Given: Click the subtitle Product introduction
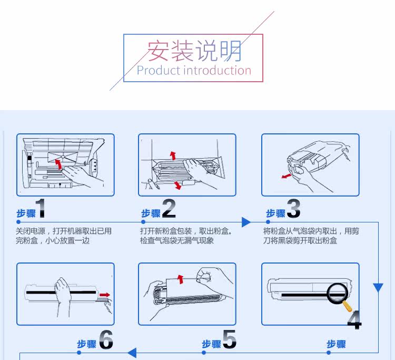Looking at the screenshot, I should (x=194, y=71).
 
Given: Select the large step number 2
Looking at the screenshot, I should (x=169, y=209).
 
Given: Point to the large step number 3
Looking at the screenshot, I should (x=293, y=209).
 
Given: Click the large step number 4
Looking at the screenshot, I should (x=354, y=319).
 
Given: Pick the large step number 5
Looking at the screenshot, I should (x=229, y=340).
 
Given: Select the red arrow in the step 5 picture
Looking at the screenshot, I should (x=181, y=278).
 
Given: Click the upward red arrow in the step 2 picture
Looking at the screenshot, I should (x=173, y=155).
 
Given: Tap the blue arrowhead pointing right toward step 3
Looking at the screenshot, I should (x=246, y=222).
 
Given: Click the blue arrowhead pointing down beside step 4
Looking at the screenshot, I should (x=378, y=288).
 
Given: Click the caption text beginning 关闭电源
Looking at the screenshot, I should (x=64, y=236).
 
